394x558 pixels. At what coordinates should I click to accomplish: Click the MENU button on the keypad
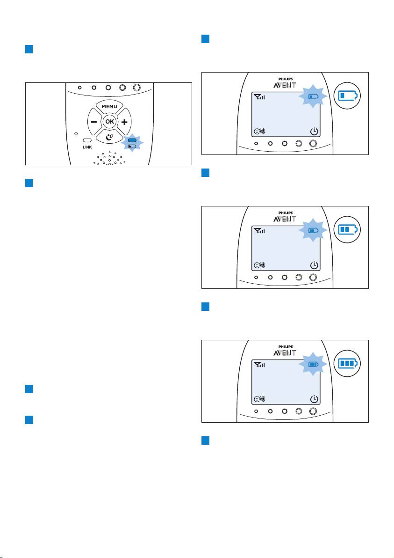click(x=109, y=106)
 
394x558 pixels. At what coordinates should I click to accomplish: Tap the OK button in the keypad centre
click(x=109, y=121)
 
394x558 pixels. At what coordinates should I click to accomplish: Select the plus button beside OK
click(x=124, y=122)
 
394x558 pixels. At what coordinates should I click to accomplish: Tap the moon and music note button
click(x=109, y=137)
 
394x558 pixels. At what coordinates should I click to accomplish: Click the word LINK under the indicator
click(x=87, y=147)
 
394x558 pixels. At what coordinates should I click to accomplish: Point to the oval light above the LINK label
click(x=87, y=140)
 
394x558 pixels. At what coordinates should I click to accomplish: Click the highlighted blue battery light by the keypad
click(x=132, y=140)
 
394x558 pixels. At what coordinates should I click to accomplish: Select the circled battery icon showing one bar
click(x=347, y=95)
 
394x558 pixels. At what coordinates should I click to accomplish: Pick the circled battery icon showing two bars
click(x=347, y=229)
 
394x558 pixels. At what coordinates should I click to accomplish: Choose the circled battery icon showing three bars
click(x=347, y=363)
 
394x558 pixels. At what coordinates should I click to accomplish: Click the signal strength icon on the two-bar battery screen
click(x=259, y=231)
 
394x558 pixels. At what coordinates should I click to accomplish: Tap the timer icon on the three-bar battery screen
click(x=314, y=399)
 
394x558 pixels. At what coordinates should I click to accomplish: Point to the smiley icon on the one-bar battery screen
click(x=257, y=132)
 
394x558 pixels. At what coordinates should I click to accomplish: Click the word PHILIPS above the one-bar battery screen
click(x=285, y=79)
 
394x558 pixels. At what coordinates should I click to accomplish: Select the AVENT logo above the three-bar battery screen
click(x=285, y=352)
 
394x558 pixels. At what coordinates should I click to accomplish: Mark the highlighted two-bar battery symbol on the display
click(x=313, y=230)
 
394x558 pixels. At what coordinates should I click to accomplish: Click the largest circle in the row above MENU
click(x=137, y=87)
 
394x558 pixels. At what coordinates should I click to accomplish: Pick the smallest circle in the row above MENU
click(x=80, y=87)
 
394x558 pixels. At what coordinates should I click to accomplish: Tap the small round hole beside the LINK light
click(x=76, y=134)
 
